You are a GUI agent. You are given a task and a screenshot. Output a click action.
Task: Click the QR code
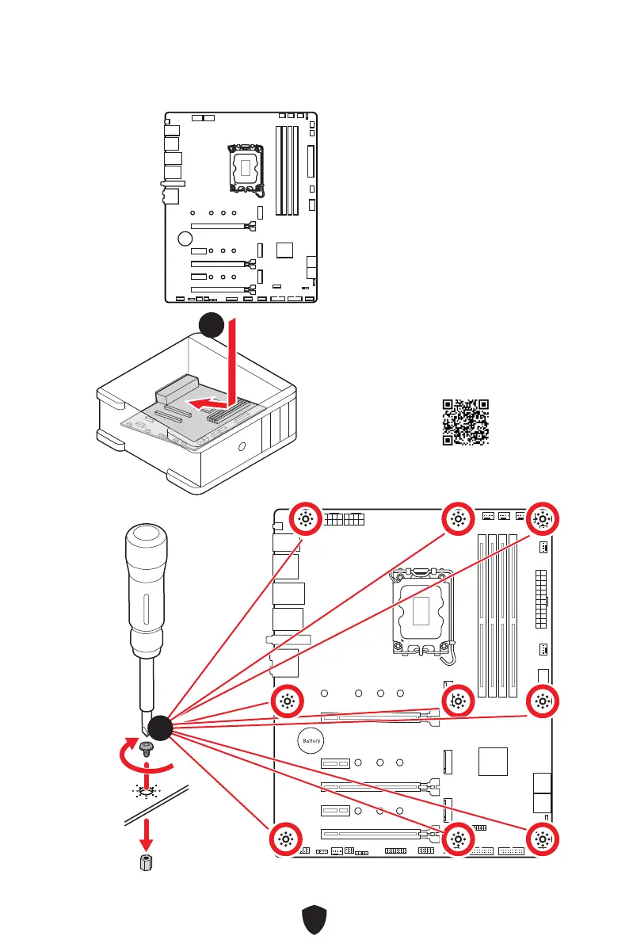(x=465, y=422)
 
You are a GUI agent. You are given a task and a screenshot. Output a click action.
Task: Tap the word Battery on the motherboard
(x=311, y=741)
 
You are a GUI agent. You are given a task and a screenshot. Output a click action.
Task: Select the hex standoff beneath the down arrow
(x=146, y=862)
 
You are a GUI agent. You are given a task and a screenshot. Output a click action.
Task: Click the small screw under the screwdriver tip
(x=145, y=748)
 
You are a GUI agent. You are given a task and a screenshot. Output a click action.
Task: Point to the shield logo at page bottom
(x=314, y=919)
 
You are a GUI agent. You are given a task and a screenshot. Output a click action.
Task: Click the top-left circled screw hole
(x=306, y=518)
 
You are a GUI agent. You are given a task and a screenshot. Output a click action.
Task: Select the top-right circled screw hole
(x=543, y=518)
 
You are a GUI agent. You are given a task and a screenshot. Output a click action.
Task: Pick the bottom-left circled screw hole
(x=286, y=839)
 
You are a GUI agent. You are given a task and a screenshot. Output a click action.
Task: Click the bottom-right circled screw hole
(x=543, y=839)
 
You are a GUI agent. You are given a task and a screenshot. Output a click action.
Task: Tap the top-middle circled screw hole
(x=458, y=518)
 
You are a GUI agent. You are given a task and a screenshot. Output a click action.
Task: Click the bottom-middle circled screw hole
(x=458, y=839)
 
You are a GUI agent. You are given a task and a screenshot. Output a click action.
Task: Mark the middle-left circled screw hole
(x=287, y=701)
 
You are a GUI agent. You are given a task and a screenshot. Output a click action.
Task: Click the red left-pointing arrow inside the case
(x=208, y=402)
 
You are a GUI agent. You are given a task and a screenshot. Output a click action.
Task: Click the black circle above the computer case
(x=212, y=325)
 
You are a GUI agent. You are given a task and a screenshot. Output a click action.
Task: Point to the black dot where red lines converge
(x=160, y=728)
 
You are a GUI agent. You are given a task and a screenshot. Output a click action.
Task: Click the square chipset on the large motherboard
(x=493, y=762)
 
